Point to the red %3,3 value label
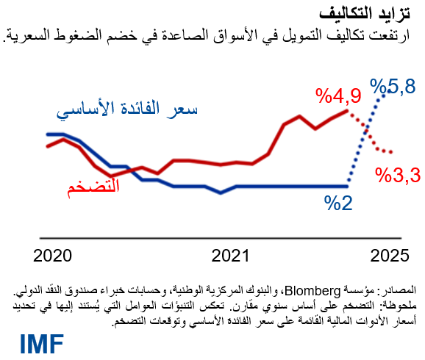[x=397, y=176]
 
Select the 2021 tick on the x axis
[x=232, y=256]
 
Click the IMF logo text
[x=42, y=342]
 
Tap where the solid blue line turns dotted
[x=347, y=186]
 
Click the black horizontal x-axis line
[x=221, y=237]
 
